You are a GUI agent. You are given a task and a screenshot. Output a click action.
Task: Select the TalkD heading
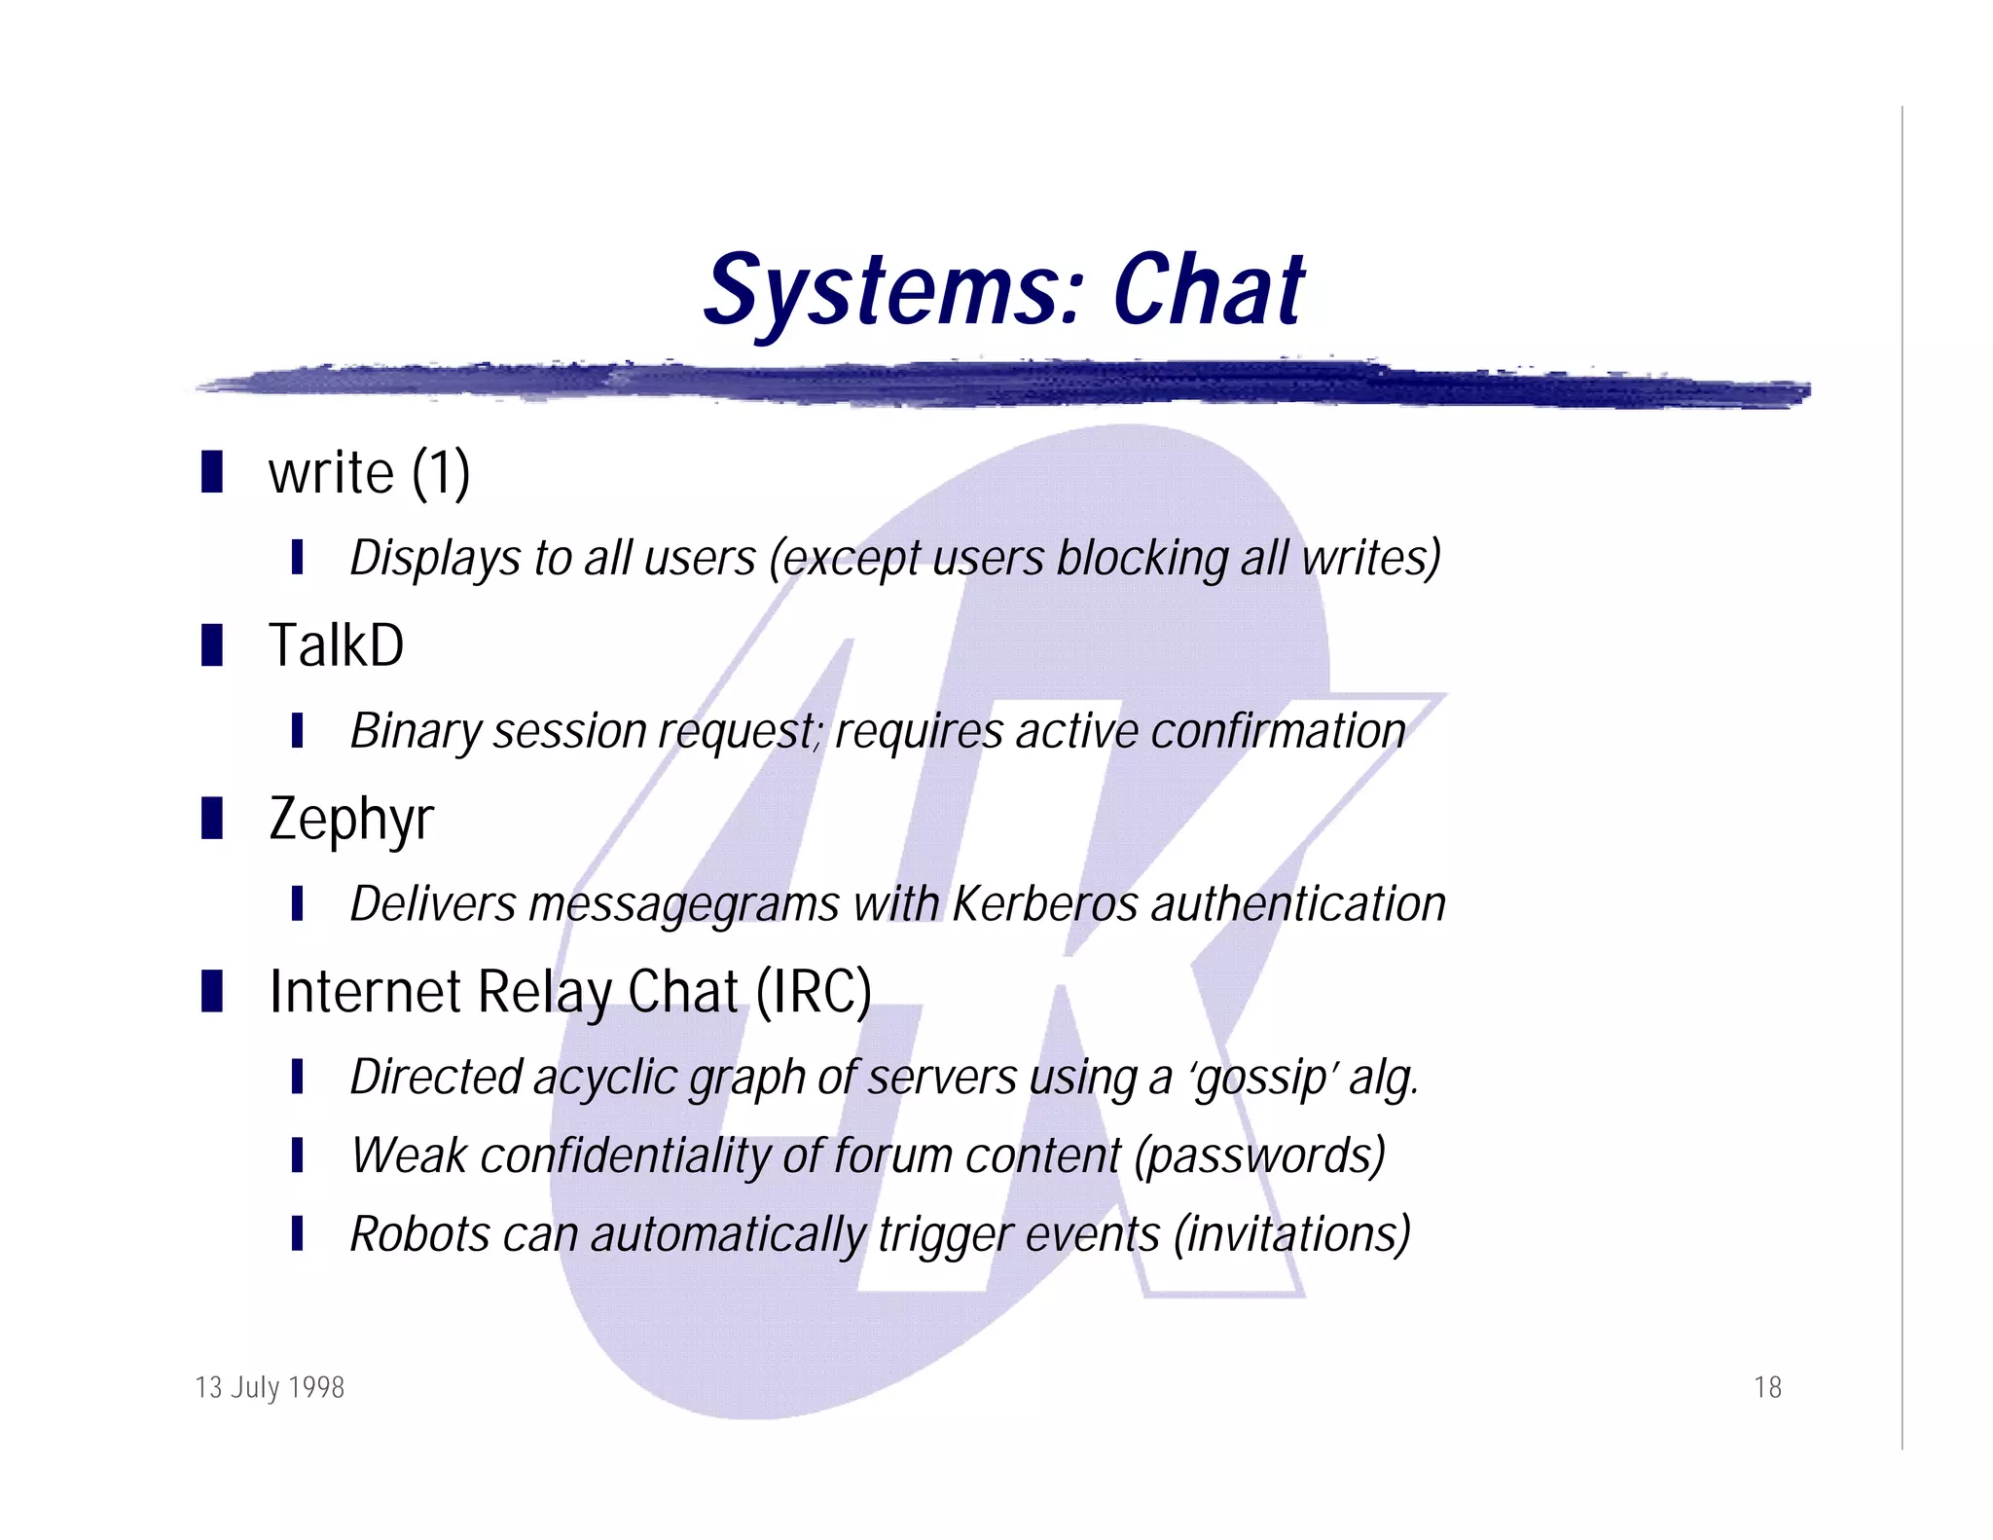336,645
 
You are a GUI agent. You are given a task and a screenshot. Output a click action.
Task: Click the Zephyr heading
350,820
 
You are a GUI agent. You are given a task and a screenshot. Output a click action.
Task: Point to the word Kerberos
1044,903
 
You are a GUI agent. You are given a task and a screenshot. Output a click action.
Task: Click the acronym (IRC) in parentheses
814,992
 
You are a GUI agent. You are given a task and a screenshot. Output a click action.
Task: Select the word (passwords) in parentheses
1260,1156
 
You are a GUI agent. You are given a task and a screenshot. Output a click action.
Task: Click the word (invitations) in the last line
1291,1234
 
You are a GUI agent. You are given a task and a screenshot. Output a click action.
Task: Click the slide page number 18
1767,1387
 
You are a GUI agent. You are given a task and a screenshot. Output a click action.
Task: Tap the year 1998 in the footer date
316,1387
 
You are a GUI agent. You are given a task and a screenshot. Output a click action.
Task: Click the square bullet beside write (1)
212,472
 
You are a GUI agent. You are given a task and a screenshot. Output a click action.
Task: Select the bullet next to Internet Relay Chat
212,991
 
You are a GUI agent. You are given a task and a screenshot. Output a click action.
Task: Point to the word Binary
415,731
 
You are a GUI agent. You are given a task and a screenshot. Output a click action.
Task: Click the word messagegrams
683,904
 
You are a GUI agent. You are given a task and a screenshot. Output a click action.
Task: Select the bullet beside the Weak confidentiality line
298,1155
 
